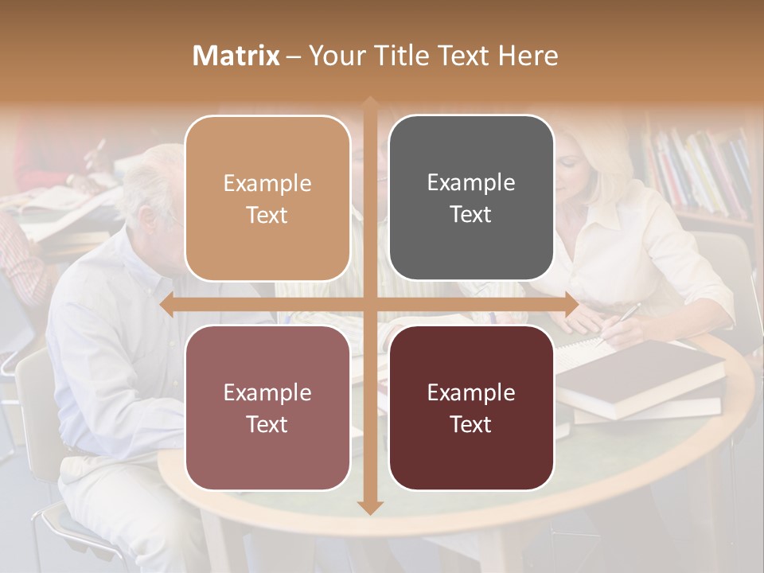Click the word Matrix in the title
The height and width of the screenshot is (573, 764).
[x=236, y=56]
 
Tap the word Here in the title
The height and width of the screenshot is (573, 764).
[x=528, y=56]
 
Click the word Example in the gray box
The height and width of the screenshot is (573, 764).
[x=471, y=182]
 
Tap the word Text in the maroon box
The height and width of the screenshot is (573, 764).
[x=471, y=424]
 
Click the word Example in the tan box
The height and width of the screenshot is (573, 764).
[x=267, y=183]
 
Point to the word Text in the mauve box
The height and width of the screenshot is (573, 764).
[x=267, y=424]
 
